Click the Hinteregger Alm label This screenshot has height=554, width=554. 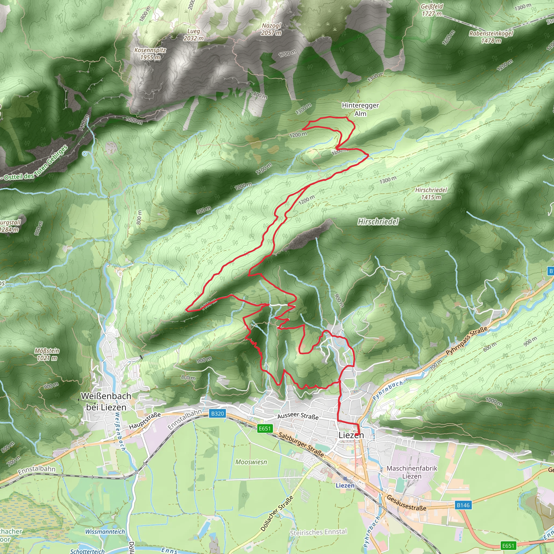(x=360, y=109)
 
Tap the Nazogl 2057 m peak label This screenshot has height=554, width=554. (x=271, y=29)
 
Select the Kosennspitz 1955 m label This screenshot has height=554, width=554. (x=150, y=54)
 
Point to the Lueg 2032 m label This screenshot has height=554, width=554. (x=194, y=35)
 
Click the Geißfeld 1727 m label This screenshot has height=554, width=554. (x=432, y=10)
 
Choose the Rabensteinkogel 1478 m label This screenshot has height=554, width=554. (x=491, y=37)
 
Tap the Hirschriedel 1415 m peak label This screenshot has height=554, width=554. (x=431, y=193)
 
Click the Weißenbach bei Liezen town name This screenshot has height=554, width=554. (x=106, y=401)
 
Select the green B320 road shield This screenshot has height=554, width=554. (x=217, y=414)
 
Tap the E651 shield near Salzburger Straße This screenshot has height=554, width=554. (x=265, y=428)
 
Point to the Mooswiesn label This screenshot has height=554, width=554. (x=251, y=462)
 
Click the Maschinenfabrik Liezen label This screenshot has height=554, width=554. (x=412, y=472)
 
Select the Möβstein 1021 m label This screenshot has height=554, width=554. (x=47, y=354)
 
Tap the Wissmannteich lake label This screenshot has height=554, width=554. (x=105, y=532)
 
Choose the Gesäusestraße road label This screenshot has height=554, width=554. (x=406, y=502)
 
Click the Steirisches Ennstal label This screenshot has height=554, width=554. (x=318, y=532)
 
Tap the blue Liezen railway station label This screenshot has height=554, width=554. (x=345, y=486)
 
